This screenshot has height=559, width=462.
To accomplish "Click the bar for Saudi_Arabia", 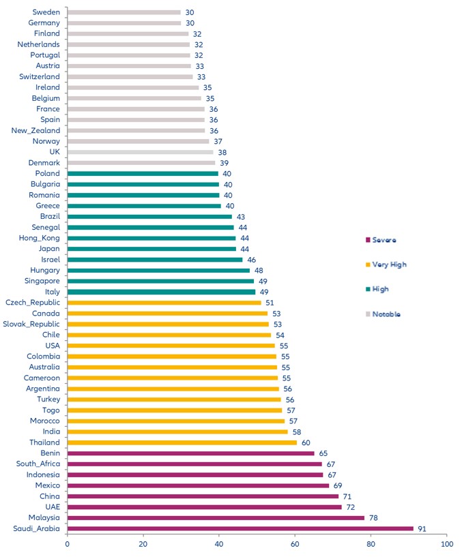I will click(240, 528).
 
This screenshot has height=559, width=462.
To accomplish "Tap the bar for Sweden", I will click(124, 12).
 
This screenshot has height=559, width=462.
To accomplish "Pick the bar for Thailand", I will click(182, 442).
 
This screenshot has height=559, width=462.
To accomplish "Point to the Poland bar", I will click(143, 174).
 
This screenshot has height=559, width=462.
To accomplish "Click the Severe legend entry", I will click(384, 240).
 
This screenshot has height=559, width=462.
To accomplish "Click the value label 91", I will click(422, 528).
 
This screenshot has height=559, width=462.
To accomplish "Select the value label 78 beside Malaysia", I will click(373, 517).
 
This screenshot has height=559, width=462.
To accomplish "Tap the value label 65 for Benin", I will click(323, 453).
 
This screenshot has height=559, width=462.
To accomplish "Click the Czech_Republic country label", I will click(33, 303).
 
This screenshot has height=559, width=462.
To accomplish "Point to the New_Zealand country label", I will click(35, 131).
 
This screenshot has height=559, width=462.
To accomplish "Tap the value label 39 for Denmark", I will click(224, 163).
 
